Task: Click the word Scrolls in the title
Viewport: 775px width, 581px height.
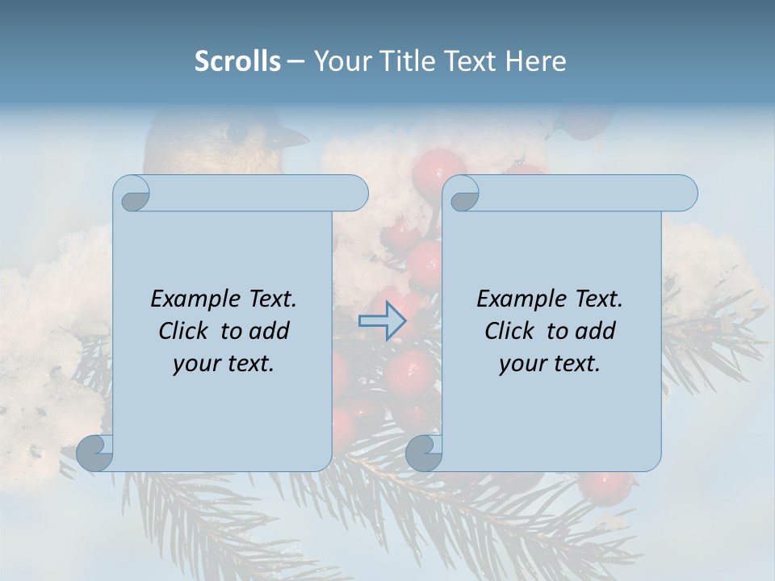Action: click(237, 61)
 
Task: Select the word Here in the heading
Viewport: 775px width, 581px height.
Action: click(535, 61)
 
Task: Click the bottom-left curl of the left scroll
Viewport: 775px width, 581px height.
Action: click(95, 453)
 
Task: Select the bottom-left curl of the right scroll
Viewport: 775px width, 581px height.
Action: click(424, 453)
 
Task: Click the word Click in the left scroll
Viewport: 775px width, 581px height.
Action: click(183, 331)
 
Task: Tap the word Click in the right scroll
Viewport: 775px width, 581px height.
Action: click(509, 331)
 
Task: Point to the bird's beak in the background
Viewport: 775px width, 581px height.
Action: click(295, 139)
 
